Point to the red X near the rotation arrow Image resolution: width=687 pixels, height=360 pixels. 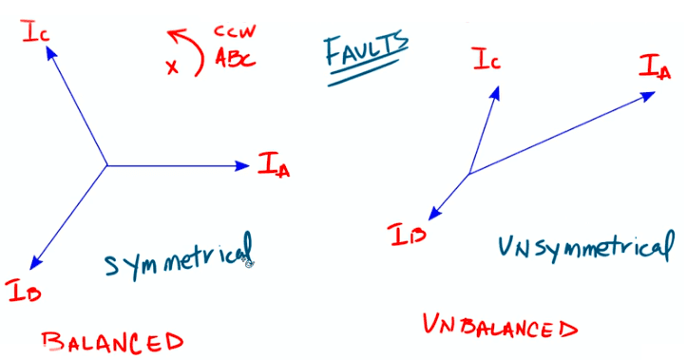click(x=171, y=67)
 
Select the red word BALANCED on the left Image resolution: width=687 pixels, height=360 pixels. click(x=112, y=339)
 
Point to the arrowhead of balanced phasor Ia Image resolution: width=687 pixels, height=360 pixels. click(x=244, y=166)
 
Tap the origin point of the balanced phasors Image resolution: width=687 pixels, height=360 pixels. click(x=106, y=166)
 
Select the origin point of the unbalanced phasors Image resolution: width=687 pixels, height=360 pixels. click(x=469, y=174)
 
